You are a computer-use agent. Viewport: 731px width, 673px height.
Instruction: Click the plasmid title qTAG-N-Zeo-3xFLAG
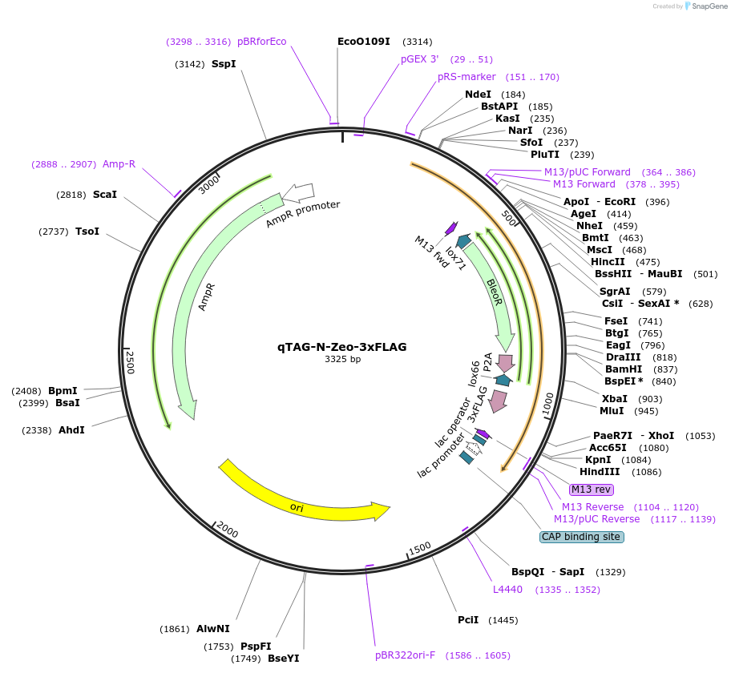click(x=342, y=347)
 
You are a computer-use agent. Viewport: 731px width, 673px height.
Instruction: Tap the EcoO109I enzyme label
click(x=363, y=42)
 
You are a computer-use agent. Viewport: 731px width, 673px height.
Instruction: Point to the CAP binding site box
click(x=581, y=537)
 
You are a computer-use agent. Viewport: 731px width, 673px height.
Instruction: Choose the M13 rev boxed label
click(x=590, y=490)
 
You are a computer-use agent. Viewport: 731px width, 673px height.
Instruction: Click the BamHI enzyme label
click(x=624, y=369)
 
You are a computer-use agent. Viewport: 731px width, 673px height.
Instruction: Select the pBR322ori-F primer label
click(x=406, y=655)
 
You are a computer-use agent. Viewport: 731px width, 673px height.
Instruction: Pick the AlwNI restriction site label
click(x=212, y=629)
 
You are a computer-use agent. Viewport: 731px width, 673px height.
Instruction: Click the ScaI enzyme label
click(x=104, y=195)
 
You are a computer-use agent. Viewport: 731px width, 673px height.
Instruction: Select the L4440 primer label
click(x=507, y=590)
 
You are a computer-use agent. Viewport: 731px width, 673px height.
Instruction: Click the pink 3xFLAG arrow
click(x=499, y=401)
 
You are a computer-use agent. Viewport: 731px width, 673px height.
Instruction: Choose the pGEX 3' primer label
click(x=420, y=59)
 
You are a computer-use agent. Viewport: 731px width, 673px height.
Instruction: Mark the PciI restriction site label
click(x=468, y=620)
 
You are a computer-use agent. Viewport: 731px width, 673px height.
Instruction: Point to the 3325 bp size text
click(x=342, y=360)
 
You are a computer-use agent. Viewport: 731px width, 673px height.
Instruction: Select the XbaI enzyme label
click(x=615, y=399)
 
